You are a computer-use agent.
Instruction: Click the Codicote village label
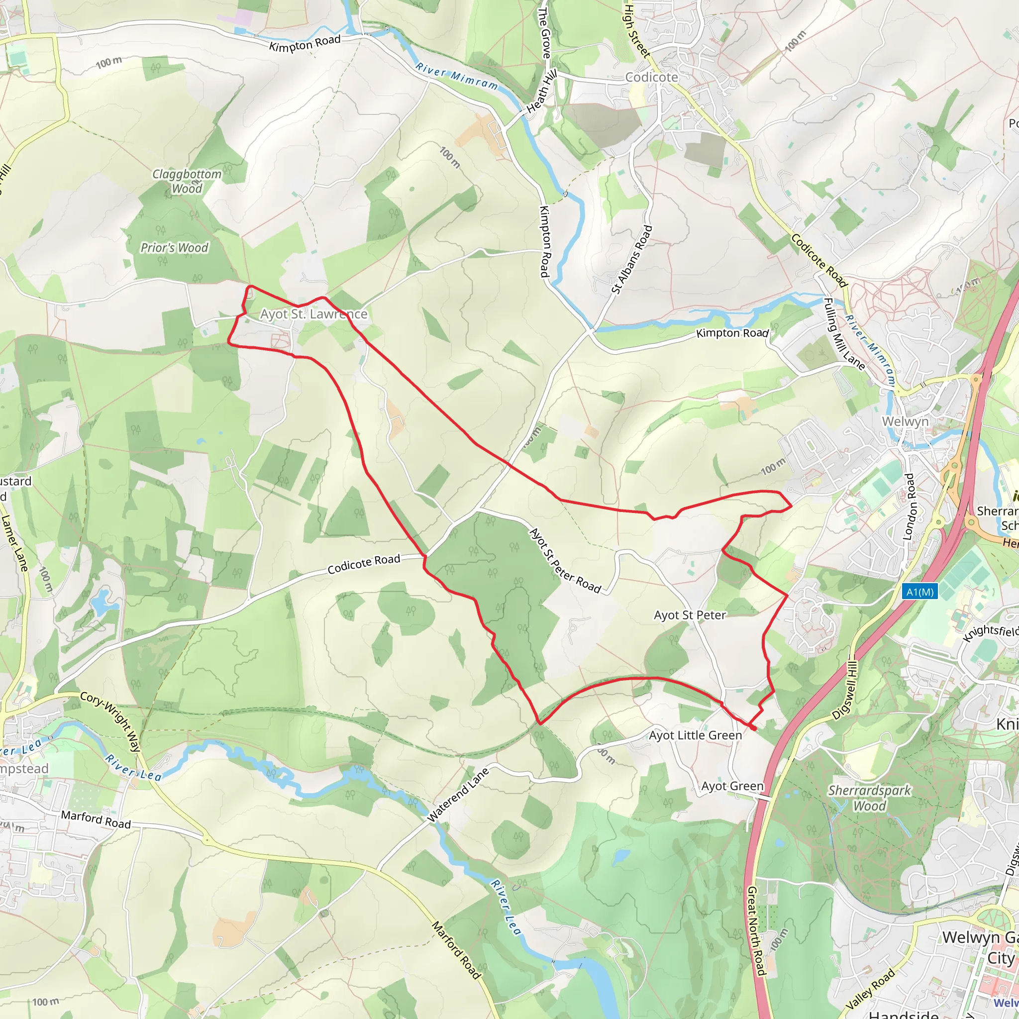tap(651, 77)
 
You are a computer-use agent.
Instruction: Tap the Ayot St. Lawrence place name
tap(313, 314)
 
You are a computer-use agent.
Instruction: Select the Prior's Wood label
tap(174, 247)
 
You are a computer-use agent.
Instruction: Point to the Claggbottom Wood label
tap(187, 181)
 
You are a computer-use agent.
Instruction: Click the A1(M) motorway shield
tap(920, 592)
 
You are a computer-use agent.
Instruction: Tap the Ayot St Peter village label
tap(690, 615)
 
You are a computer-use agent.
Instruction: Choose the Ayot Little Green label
tap(695, 735)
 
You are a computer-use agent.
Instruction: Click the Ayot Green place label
tap(732, 786)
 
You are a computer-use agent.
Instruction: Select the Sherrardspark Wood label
tap(869, 798)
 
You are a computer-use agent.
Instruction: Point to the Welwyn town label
tap(905, 421)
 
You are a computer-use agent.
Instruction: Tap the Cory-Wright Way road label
tap(110, 721)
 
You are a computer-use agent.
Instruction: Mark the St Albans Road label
tap(632, 260)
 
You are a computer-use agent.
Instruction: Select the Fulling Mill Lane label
tap(844, 334)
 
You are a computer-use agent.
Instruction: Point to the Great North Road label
tap(756, 931)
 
